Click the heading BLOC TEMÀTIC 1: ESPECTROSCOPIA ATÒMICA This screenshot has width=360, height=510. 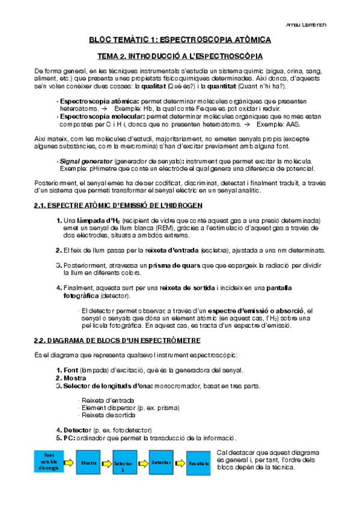tap(180, 40)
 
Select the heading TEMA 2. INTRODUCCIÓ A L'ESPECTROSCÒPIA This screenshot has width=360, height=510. tap(180, 57)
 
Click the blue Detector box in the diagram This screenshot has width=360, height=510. tap(161, 462)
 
